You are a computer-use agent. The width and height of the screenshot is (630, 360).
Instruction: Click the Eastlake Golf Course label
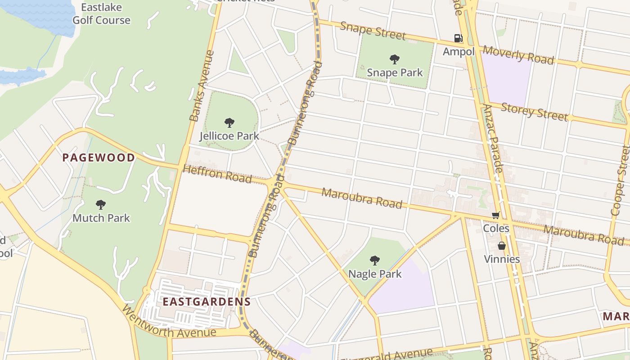point(101,14)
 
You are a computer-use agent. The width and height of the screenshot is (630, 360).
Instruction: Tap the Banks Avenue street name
point(201,86)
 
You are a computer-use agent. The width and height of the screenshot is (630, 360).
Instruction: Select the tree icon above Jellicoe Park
point(229,122)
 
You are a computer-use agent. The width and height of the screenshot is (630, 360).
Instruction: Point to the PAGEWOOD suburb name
point(99,157)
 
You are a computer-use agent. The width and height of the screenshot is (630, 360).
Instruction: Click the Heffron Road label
point(217,174)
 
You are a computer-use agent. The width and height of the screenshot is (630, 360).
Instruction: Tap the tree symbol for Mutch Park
point(101,205)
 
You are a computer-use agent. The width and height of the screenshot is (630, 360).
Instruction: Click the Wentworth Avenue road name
point(168,324)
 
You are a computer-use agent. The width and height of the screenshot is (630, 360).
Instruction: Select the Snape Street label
point(373,30)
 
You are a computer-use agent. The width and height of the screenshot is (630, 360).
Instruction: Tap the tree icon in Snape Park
point(395,59)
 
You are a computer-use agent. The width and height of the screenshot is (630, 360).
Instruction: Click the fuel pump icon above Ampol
point(458,38)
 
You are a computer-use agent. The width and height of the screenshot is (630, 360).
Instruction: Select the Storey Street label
point(534,111)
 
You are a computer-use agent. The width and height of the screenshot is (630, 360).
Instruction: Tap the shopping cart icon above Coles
point(495,216)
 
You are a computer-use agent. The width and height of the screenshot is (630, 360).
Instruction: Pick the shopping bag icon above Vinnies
point(501,246)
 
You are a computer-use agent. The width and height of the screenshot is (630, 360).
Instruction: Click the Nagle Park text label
point(375,274)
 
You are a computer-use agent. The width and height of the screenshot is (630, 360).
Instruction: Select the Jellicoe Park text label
point(229,135)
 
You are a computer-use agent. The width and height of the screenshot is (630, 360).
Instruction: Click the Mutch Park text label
point(101,218)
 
